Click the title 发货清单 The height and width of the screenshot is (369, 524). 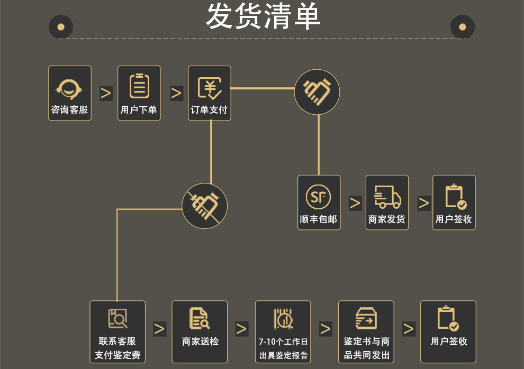pos(263,17)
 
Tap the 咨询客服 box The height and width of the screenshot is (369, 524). pos(69,93)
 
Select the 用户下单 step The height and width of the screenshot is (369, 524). pos(139,93)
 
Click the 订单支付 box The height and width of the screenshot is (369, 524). pos(210,93)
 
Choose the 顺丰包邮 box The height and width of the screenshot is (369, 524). pos(319,202)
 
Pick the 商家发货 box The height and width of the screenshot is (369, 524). pos(387,202)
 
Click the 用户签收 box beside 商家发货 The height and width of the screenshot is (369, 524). pos(454,202)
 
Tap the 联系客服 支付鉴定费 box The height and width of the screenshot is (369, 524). pos(118,331)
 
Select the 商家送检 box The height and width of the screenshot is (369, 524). pos(200,331)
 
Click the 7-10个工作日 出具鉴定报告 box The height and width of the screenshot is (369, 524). pos(283,331)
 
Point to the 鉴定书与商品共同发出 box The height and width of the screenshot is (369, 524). pos(366,331)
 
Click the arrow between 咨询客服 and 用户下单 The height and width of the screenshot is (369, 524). pos(106,93)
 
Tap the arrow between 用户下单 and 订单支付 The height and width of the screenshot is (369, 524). pos(176,93)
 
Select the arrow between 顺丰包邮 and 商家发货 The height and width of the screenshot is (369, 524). pos(355,203)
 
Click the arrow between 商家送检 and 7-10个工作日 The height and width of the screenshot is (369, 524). pos(241,329)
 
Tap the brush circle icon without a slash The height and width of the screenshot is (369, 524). pos(317,92)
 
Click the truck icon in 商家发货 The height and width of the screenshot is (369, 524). pos(387,197)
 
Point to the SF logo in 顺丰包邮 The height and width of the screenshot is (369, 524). pos(318,197)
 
